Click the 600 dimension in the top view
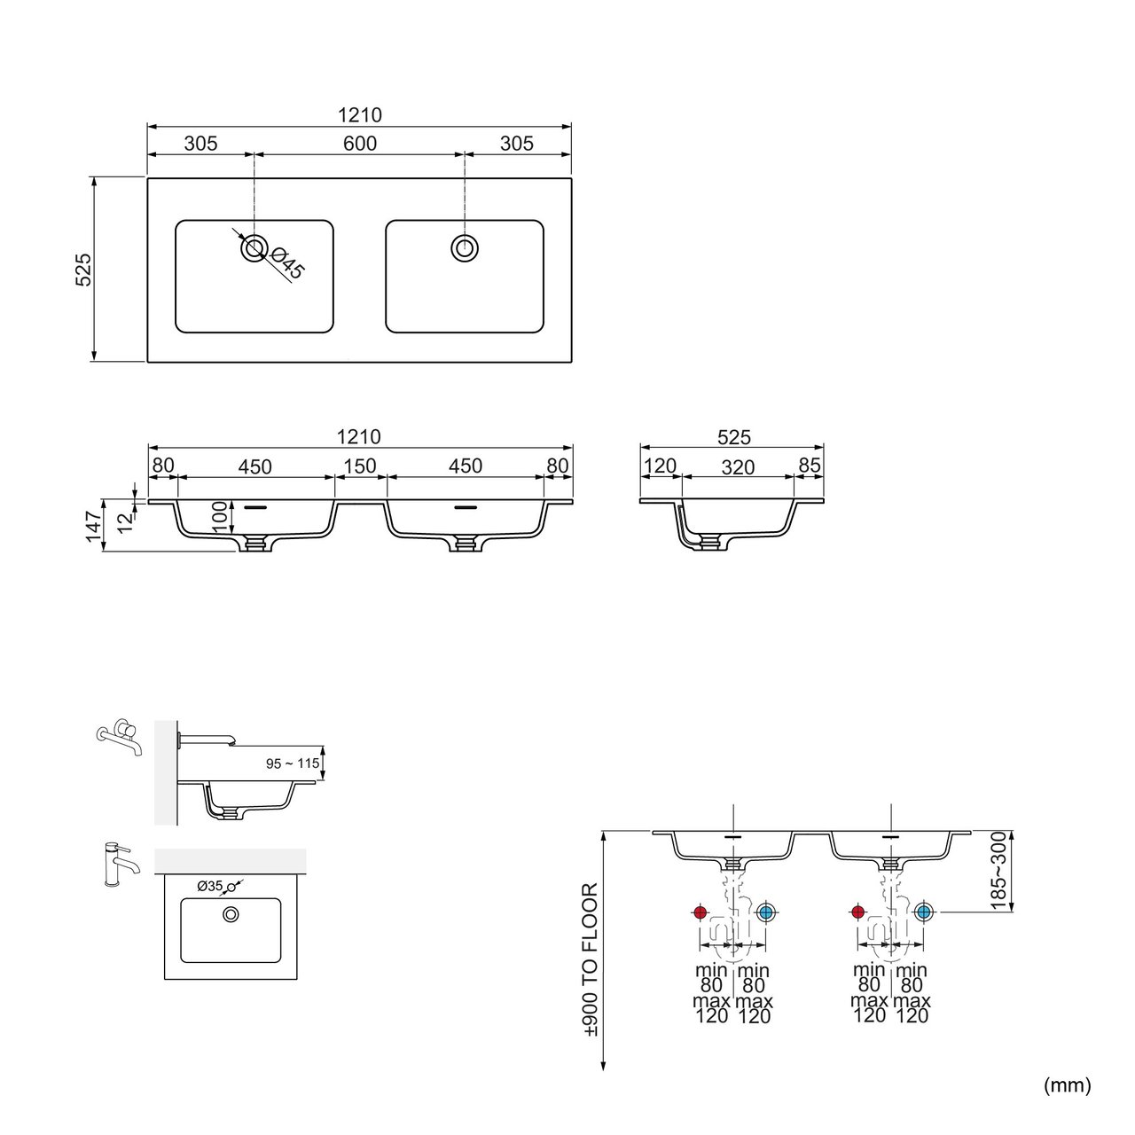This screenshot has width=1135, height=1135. pyautogui.click(x=359, y=143)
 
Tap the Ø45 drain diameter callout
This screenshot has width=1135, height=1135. pyautogui.click(x=288, y=262)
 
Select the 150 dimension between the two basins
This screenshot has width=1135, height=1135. pyautogui.click(x=359, y=466)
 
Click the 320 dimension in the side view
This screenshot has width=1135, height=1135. pyautogui.click(x=738, y=467)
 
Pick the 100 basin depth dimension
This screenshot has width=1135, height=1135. pyautogui.click(x=219, y=517)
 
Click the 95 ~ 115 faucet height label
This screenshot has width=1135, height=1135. pyautogui.click(x=292, y=763)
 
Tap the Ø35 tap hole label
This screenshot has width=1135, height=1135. pyautogui.click(x=210, y=885)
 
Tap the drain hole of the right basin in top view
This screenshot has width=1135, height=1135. pyautogui.click(x=465, y=248)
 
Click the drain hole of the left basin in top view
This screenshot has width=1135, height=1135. pyautogui.click(x=254, y=248)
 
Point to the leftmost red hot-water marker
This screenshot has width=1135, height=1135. pyautogui.click(x=700, y=912)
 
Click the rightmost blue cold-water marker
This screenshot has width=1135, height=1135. pyautogui.click(x=924, y=912)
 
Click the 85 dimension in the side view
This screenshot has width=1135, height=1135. pyautogui.click(x=810, y=466)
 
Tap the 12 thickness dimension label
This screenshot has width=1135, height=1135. pyautogui.click(x=125, y=522)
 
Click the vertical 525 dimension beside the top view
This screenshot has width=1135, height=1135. pyautogui.click(x=83, y=270)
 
